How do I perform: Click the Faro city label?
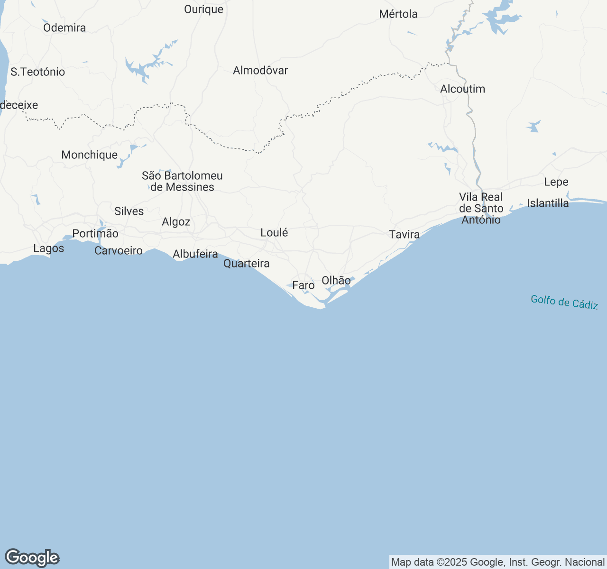coord(303,285)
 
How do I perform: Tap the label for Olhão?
coord(336,280)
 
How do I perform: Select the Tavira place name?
coord(405,234)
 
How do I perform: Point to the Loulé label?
coord(274,232)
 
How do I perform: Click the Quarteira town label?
coord(247,263)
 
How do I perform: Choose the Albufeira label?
coord(195,254)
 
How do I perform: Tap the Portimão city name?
coord(95,233)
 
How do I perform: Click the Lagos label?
coord(49,248)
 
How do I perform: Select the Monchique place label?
coord(90,155)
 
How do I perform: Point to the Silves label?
coord(129,211)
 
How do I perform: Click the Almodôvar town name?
coord(260,70)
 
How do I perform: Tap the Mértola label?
coord(398,14)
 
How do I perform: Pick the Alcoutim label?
coord(462,89)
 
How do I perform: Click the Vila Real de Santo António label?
coord(481,208)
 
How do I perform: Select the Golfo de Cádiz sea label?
coord(564,302)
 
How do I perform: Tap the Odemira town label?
coord(64,28)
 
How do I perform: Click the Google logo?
coord(32,558)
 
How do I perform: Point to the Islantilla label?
coord(548,203)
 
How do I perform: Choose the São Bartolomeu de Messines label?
coord(182,181)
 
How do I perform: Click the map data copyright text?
coord(497,562)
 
